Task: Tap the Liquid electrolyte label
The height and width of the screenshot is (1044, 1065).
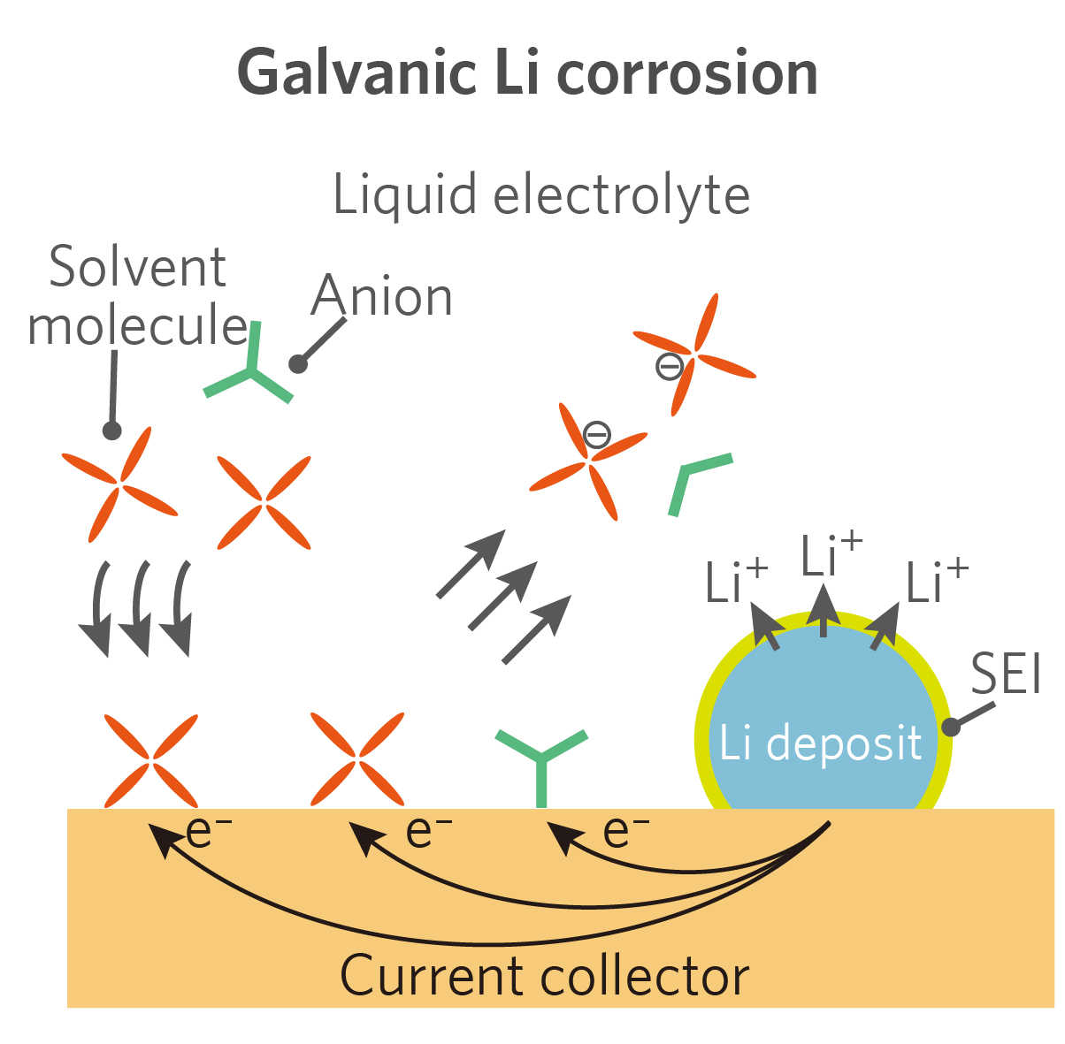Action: pyautogui.click(x=541, y=195)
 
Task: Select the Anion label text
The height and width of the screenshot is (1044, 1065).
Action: pyautogui.click(x=382, y=296)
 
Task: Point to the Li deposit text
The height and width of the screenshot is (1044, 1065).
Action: pyautogui.click(x=821, y=743)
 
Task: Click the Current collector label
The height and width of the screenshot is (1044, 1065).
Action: pyautogui.click(x=545, y=976)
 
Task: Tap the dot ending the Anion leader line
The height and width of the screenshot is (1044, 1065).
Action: pyautogui.click(x=298, y=363)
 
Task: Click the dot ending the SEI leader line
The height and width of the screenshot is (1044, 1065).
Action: pyautogui.click(x=951, y=727)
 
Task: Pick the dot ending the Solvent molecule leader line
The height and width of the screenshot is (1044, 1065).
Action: pyautogui.click(x=111, y=431)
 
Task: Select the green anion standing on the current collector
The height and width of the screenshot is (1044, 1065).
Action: pyautogui.click(x=541, y=760)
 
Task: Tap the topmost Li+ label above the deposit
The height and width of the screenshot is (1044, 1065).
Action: pyautogui.click(x=830, y=556)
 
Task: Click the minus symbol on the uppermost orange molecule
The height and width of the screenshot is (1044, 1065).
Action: pyautogui.click(x=670, y=365)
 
